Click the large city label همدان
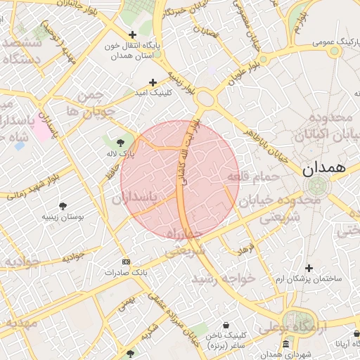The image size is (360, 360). pyautogui.click(x=324, y=169)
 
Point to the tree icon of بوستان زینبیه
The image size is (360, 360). pyautogui.click(x=63, y=206)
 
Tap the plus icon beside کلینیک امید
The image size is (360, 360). pyautogui.click(x=153, y=82)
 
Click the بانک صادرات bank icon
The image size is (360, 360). pyautogui.click(x=126, y=261)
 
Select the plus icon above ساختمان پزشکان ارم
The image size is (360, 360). pyautogui.click(x=309, y=268)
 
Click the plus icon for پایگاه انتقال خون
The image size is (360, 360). pyautogui.click(x=132, y=34)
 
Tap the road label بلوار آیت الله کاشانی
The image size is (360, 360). pyautogui.click(x=191, y=151)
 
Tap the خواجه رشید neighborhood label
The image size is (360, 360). pyautogui.click(x=226, y=278)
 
